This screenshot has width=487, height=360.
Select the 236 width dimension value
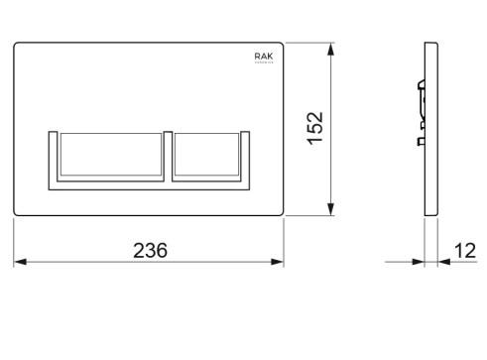[151, 250]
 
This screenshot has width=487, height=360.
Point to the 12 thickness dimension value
[464, 250]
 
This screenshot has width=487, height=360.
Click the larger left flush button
[108, 156]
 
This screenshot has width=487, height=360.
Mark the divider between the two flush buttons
[171, 156]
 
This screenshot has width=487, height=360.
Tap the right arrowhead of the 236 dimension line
[280, 263]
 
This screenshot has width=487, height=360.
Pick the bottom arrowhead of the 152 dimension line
[328, 210]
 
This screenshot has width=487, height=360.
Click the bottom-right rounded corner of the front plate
[283, 213]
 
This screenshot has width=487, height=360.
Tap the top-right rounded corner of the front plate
[283, 45]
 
